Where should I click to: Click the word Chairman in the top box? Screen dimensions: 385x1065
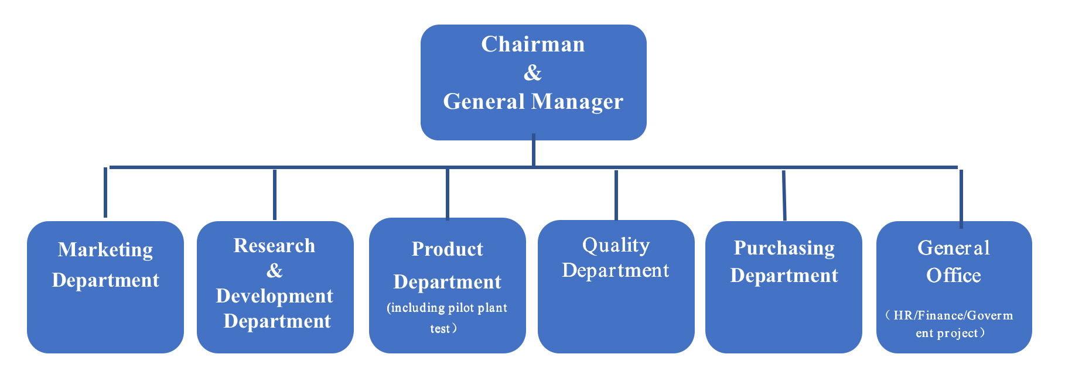[532, 44]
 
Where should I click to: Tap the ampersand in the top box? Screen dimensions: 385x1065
[532, 73]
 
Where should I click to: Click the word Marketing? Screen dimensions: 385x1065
[105, 250]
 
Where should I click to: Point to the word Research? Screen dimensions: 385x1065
[274, 246]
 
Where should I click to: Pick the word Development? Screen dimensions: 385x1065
[274, 296]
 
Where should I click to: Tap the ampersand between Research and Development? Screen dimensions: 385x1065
[274, 271]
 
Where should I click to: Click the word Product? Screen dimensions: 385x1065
[447, 249]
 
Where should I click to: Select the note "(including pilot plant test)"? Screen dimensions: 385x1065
[446, 318]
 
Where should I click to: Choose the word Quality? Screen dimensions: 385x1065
[616, 245]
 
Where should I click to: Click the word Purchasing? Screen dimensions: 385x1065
[784, 248]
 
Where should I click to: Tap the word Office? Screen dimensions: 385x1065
[953, 276]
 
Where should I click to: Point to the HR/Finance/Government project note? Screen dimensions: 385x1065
[950, 324]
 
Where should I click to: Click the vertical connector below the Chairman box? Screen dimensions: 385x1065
[533, 150]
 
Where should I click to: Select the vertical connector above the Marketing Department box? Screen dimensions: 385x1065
[105, 192]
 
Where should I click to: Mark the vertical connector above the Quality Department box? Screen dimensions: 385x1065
[616, 195]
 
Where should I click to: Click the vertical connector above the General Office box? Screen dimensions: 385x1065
[961, 198]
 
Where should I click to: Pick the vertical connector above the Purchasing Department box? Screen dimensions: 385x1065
[784, 195]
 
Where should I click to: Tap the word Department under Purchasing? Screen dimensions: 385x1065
[784, 276]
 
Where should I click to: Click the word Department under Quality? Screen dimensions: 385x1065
[615, 270]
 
